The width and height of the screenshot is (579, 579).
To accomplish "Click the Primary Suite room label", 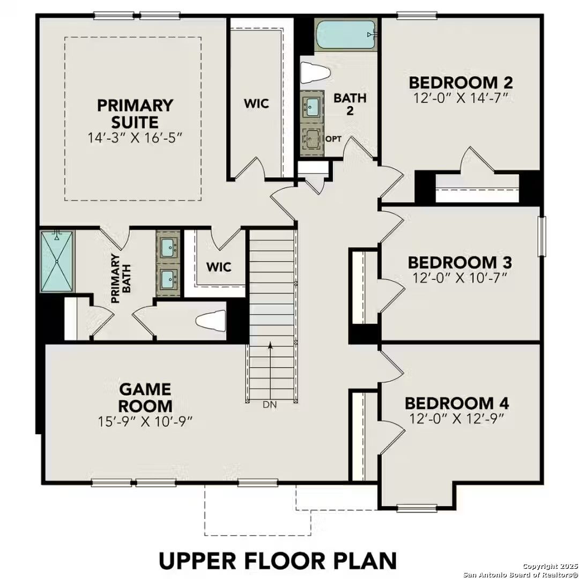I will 135,113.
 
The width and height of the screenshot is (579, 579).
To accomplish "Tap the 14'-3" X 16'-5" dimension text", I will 135,138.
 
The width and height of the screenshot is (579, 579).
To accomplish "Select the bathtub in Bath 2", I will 345,35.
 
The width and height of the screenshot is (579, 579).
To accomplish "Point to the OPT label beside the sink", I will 333,139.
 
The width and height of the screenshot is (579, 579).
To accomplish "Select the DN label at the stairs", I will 270,405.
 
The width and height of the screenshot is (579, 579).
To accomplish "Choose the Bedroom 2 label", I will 461,83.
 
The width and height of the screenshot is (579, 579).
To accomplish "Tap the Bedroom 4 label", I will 457,403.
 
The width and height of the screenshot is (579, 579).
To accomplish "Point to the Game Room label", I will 145,397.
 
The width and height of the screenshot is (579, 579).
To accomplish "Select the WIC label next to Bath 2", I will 256,103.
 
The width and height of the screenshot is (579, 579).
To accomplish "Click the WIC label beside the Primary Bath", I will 219,266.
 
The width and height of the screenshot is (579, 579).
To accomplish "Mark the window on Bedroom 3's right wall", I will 541,236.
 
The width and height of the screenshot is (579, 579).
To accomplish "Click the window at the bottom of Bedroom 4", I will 417,508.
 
